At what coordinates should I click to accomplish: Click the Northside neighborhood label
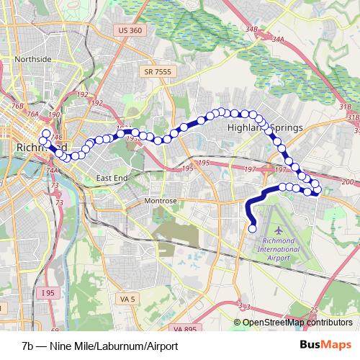33,59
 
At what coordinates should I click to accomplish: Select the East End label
111,177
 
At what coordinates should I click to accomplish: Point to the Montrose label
161,201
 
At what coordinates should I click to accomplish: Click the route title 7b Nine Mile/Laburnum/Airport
99,346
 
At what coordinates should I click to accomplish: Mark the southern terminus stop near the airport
253,229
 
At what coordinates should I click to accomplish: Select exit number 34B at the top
251,29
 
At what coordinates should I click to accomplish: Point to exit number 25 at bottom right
312,310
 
